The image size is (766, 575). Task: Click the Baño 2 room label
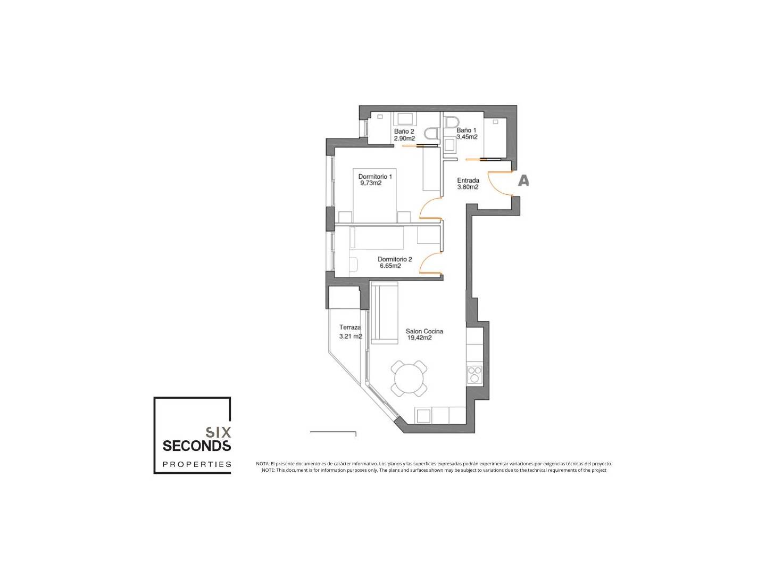coord(404,132)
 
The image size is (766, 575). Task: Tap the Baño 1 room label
coord(466,130)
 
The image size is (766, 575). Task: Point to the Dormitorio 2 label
coord(395,259)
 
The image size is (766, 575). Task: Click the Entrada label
coord(468,180)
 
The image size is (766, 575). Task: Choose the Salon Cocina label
coord(424,331)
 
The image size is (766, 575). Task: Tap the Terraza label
coord(349,327)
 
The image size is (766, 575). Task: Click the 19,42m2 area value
coord(419,338)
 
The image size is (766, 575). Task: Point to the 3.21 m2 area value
coord(351,336)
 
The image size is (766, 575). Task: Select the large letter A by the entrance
coord(523,180)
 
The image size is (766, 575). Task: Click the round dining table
coord(409,379)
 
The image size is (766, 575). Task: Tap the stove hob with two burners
coord(474,375)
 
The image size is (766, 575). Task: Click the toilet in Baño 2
coord(432,133)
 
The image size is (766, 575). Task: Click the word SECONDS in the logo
coord(196,446)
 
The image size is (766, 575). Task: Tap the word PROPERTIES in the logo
coord(197,464)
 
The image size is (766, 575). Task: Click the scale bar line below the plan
coord(333,432)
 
